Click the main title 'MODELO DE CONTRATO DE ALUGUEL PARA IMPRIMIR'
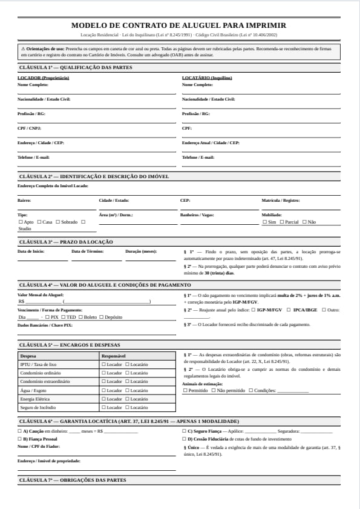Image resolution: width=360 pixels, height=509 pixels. pos(179,25)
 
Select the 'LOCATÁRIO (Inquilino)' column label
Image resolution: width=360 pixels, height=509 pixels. pos(207,78)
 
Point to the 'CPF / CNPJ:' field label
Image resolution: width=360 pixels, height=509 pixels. pos(30,128)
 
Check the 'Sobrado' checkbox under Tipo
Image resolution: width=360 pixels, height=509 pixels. pos(59,222)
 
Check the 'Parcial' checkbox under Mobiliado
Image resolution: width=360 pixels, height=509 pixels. pos(281,222)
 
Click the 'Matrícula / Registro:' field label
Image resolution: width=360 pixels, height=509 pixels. pos(281,200)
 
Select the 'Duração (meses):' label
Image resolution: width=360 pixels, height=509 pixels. pos(141,251)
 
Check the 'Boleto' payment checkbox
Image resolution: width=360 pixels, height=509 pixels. pos(80,317)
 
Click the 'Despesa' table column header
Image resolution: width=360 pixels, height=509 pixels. pos(28,356)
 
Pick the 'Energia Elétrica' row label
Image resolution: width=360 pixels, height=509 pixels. pos(36,399)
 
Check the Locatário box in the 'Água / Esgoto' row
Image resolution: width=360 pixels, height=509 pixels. pos(127,391)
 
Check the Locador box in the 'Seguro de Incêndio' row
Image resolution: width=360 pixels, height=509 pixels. pos(103,408)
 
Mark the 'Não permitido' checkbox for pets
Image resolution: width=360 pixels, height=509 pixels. pos(214,391)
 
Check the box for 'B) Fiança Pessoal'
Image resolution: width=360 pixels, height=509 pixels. pos(20,439)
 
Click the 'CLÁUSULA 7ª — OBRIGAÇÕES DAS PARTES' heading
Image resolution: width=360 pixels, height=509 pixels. pos(73,480)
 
